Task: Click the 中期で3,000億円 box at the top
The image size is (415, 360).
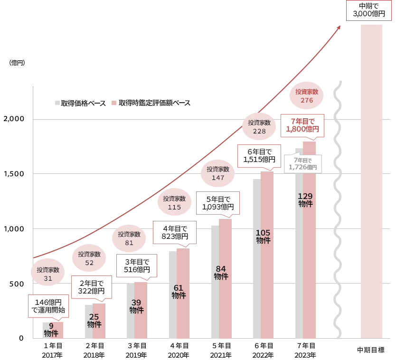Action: tap(369, 10)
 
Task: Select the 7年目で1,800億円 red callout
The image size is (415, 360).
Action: tap(302, 124)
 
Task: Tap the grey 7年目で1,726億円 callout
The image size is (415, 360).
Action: tap(302, 163)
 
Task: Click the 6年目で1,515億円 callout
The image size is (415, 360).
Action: tap(259, 155)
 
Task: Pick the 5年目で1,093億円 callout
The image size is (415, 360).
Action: tap(218, 203)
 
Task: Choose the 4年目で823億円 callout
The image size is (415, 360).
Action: tap(176, 232)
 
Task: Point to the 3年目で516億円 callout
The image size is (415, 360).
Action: tap(137, 265)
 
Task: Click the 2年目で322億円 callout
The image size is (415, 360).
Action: tap(91, 287)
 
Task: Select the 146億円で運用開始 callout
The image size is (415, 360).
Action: tap(48, 306)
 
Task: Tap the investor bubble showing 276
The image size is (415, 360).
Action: tap(307, 95)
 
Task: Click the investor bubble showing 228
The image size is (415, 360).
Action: tap(259, 126)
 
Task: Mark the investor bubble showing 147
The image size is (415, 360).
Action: tap(218, 173)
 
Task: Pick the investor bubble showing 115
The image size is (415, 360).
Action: tap(174, 203)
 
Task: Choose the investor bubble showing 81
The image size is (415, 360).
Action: tap(129, 238)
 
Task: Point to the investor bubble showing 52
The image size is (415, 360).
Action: tap(89, 258)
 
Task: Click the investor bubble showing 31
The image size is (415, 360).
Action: tap(48, 274)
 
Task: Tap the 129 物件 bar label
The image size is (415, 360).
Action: tap(305, 199)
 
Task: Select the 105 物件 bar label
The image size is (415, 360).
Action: tap(263, 236)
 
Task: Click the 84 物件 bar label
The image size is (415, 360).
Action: tap(221, 273)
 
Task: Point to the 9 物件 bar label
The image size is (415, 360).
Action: tap(51, 329)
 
